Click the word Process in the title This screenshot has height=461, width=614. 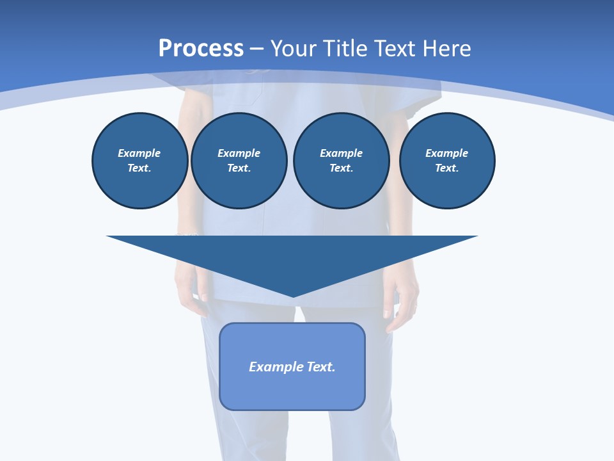click(x=201, y=48)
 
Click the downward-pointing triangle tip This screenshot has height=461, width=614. click(x=293, y=295)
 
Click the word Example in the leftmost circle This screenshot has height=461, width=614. click(x=139, y=153)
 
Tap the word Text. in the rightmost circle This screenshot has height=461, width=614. click(x=447, y=168)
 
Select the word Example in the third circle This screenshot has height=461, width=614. click(x=341, y=153)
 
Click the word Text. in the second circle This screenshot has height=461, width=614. click(x=239, y=168)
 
